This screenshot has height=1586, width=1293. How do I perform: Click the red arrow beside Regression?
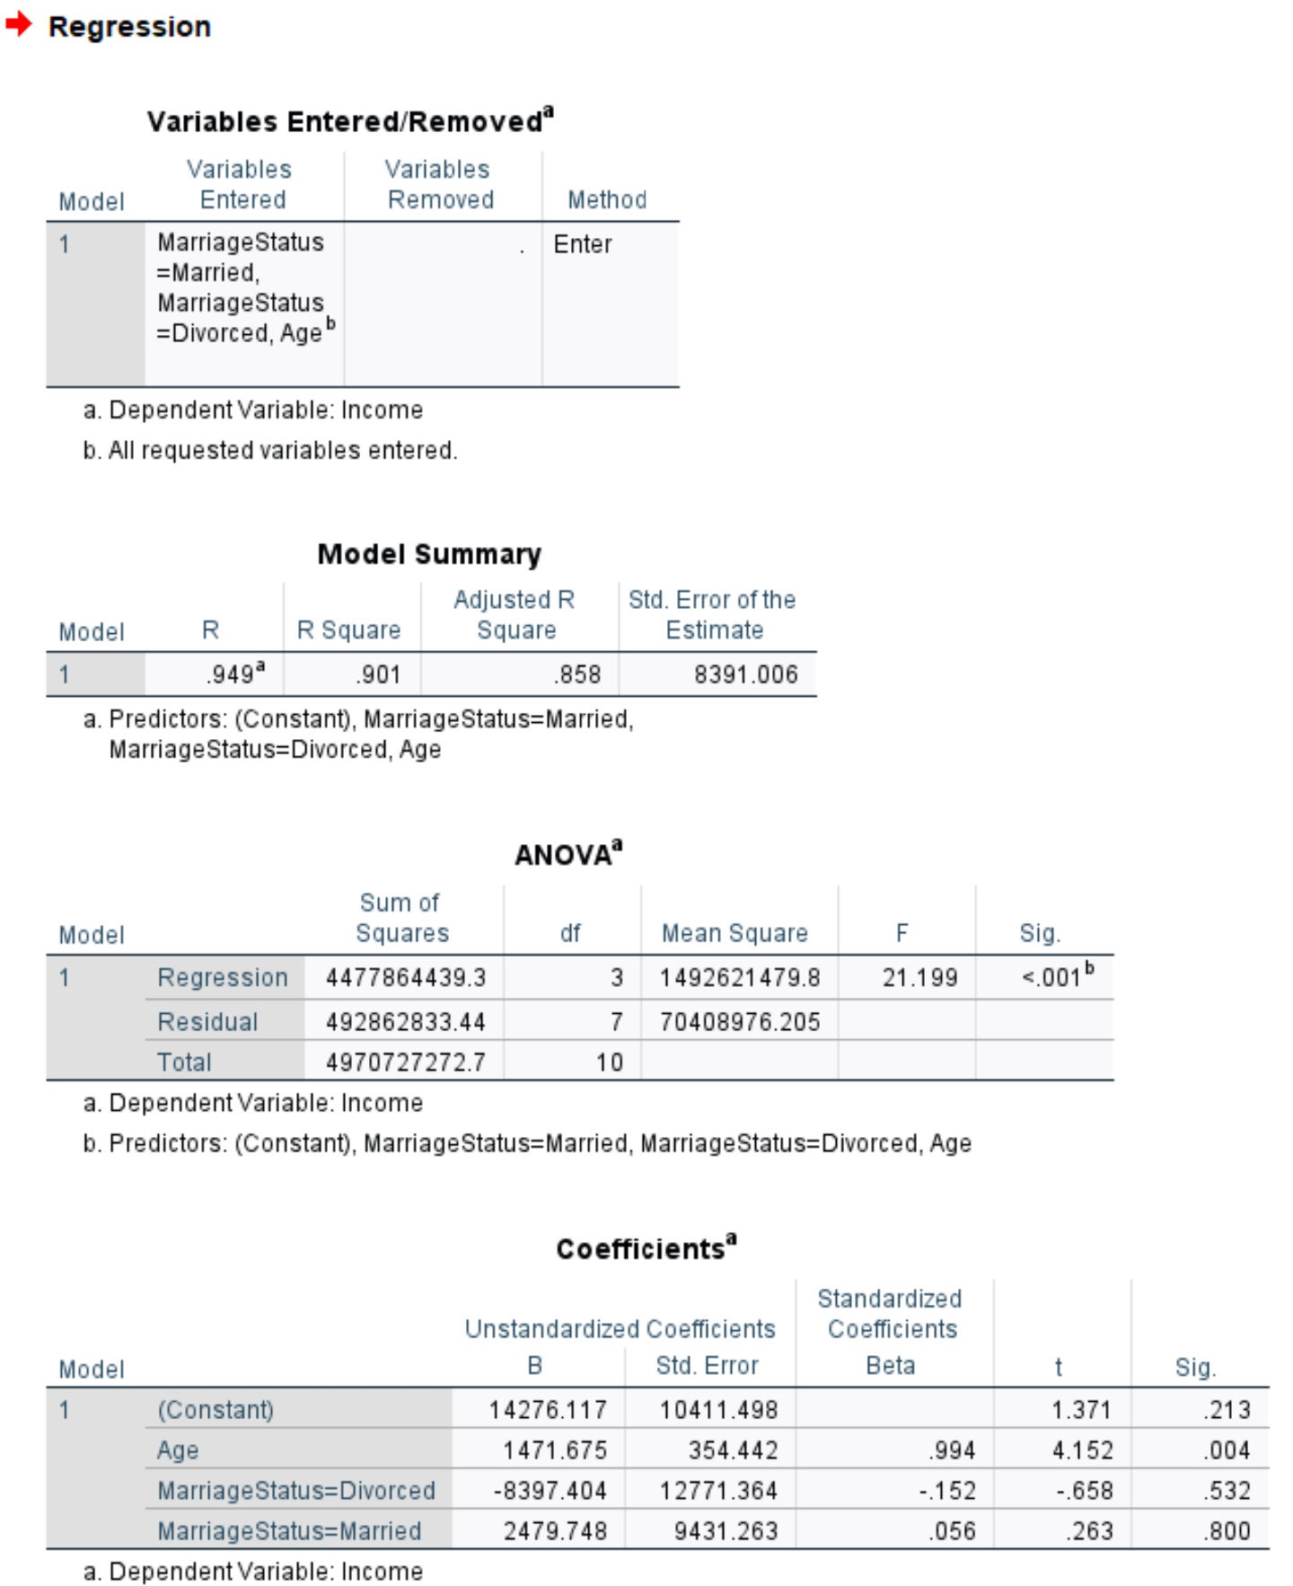[x=18, y=25]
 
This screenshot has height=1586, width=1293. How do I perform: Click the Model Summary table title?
[x=429, y=554]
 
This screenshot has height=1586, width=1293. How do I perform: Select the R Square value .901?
[x=378, y=674]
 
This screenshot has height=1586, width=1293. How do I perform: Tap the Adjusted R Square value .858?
[x=577, y=674]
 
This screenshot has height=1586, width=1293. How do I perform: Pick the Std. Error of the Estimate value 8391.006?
[x=745, y=674]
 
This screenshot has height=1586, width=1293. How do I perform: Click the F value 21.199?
[x=919, y=977]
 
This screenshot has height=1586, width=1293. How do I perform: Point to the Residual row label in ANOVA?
[x=207, y=1021]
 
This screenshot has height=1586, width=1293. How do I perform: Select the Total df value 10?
[x=609, y=1062]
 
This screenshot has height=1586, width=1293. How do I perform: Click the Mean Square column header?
[x=734, y=933]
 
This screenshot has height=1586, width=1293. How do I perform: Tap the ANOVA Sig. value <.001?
[x=1052, y=977]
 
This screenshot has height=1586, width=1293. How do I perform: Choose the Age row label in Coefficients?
[x=178, y=1449]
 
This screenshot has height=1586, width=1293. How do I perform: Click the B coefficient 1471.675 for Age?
[x=555, y=1449]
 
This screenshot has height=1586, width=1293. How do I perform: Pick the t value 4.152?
[x=1082, y=1449]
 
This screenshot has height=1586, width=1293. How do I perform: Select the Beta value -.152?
[x=946, y=1490]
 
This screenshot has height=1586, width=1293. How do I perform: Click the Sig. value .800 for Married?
[x=1227, y=1530]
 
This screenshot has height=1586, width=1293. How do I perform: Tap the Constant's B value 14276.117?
[x=548, y=1409]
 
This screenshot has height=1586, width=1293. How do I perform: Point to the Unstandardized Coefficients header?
[x=620, y=1328]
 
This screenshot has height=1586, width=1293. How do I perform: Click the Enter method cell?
[x=583, y=244]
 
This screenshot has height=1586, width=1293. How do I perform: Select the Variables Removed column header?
[x=440, y=184]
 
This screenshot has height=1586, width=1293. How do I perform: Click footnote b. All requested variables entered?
[x=270, y=450]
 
